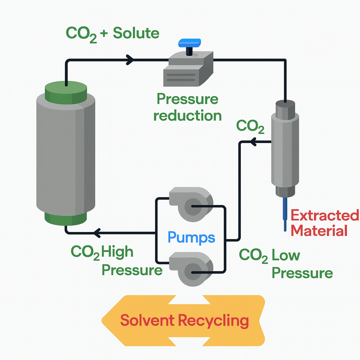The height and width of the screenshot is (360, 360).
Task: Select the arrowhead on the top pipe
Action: [130, 60]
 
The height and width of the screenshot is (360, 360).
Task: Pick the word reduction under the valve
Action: [188, 116]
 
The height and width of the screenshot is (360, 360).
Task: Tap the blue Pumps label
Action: [191, 237]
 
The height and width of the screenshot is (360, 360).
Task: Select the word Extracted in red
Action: [325, 216]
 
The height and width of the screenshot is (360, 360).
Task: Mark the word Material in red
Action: [320, 231]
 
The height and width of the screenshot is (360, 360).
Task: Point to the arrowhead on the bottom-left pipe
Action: [97, 232]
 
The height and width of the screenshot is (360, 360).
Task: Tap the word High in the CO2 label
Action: [117, 252]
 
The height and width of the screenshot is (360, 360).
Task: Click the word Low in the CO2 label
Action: [285, 256]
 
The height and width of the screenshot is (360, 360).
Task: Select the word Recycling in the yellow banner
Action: [213, 321]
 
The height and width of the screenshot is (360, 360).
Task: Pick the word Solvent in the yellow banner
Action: [147, 321]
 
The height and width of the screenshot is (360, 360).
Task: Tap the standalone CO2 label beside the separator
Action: [250, 126]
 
